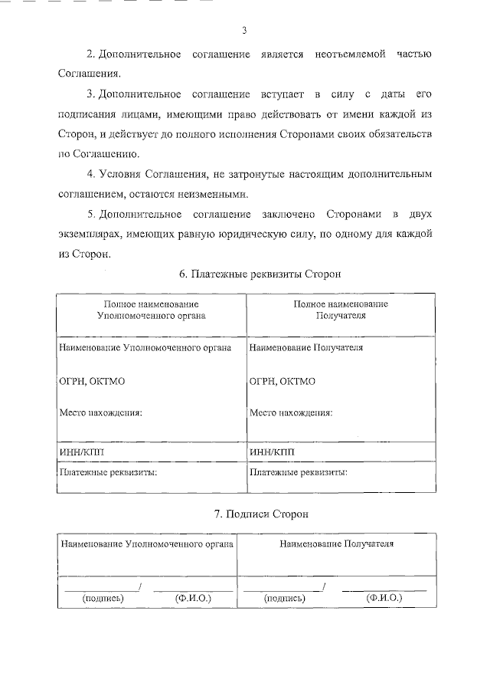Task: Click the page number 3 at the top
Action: [x=244, y=31]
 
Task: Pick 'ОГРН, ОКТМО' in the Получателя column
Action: [x=282, y=380]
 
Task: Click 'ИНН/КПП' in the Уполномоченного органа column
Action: [x=80, y=452]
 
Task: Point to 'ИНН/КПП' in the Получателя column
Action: [x=270, y=452]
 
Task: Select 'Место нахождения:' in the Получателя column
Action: [x=291, y=412]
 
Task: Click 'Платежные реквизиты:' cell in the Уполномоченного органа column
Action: [x=108, y=472]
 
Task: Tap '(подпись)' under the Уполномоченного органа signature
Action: [x=103, y=598]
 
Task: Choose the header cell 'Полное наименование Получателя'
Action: [x=341, y=309]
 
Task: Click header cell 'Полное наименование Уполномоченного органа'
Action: [x=151, y=309]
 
